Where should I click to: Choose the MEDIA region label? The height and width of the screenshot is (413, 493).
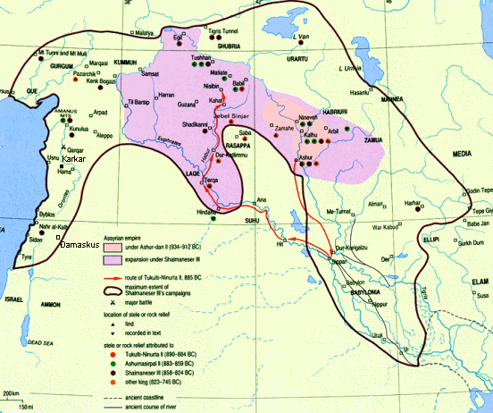[437, 154]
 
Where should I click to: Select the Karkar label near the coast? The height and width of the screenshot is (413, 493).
[76, 159]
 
